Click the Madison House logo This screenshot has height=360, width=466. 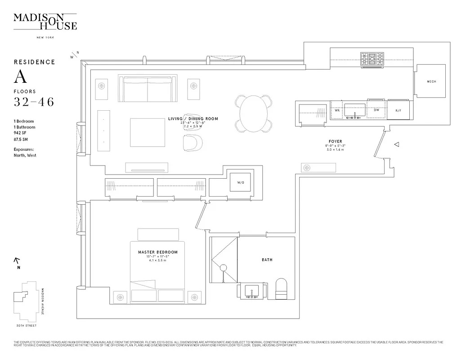(x=45, y=22)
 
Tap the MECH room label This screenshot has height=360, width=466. (x=431, y=81)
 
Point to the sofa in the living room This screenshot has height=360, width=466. (x=147, y=89)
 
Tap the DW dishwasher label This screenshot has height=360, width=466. (x=376, y=110)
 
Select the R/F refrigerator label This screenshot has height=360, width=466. (x=398, y=110)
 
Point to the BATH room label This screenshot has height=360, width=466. (x=267, y=260)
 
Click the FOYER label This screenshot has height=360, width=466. (x=335, y=142)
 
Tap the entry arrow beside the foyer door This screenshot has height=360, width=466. (x=397, y=144)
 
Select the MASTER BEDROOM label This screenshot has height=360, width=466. (x=157, y=252)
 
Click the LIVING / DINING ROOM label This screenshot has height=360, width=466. (x=193, y=119)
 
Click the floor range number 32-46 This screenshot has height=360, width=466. (x=34, y=102)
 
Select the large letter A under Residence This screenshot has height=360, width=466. (x=20, y=77)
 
